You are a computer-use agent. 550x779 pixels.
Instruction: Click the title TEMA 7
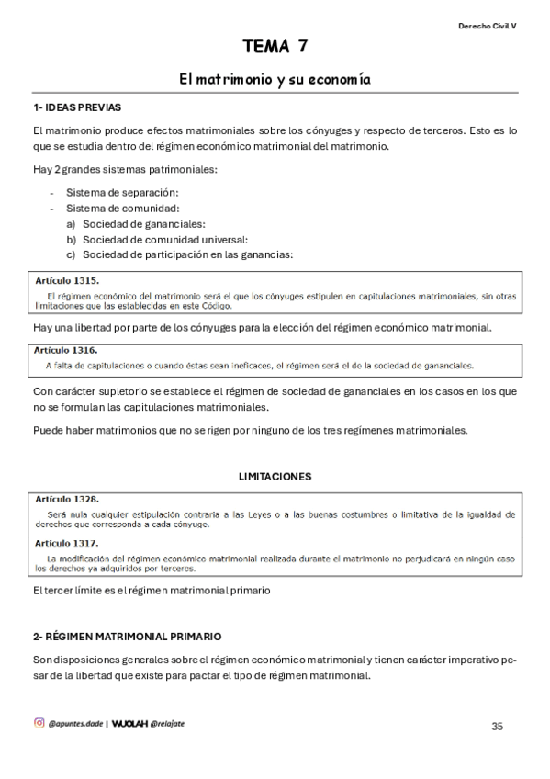(275, 46)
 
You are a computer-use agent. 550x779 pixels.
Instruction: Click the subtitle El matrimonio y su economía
(275, 80)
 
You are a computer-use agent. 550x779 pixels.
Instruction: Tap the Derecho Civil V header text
(487, 27)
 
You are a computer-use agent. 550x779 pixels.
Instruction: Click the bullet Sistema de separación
(123, 192)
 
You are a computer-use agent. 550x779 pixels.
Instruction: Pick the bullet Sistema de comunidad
(121, 208)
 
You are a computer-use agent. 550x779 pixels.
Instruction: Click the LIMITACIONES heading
(275, 477)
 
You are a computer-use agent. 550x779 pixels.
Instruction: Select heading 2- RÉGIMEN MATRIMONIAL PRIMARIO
(127, 637)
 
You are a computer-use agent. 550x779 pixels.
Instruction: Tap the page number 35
(497, 726)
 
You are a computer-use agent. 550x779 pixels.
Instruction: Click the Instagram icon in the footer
(39, 723)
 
